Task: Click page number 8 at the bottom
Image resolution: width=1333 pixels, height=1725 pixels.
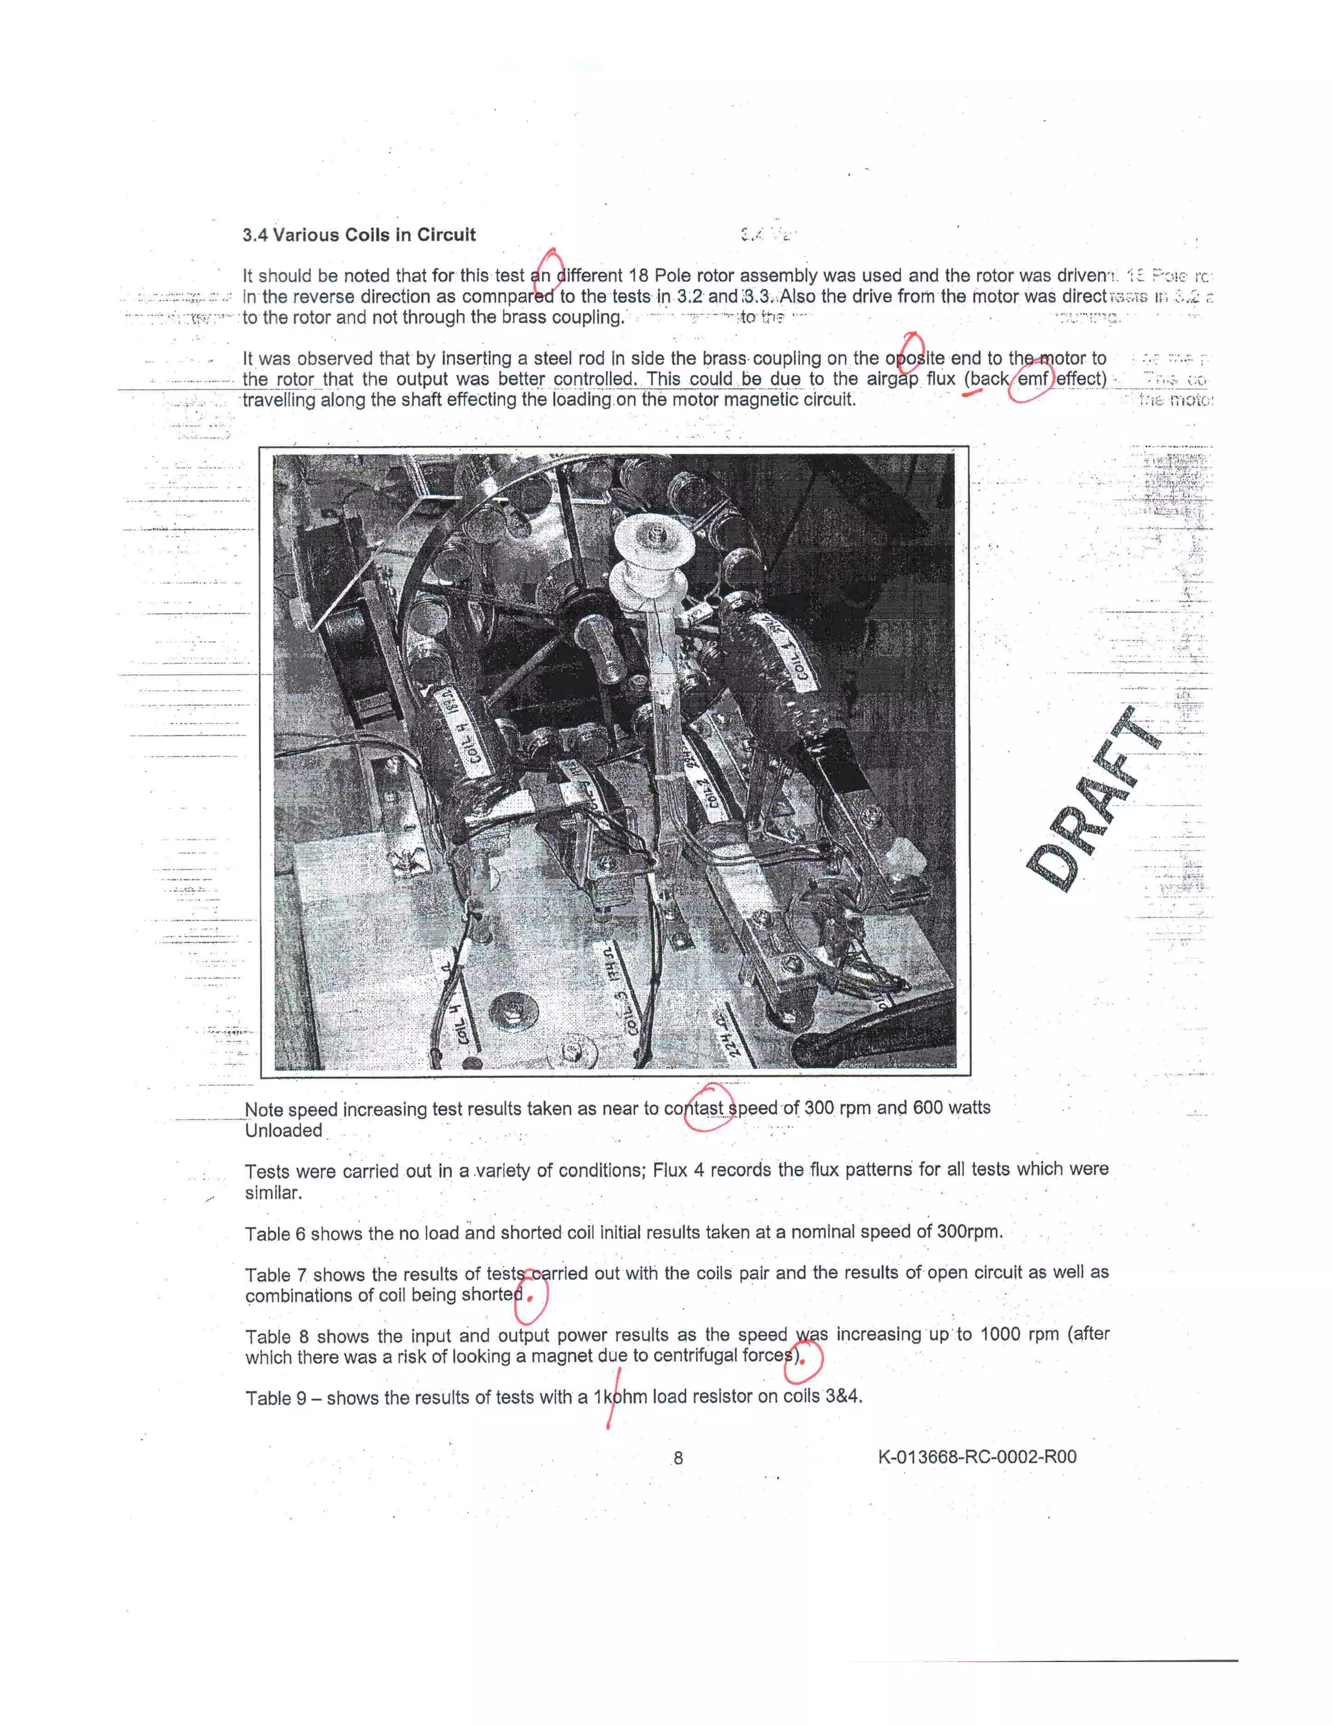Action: pos(678,1458)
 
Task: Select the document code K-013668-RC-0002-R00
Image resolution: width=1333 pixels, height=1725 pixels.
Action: pos(977,1456)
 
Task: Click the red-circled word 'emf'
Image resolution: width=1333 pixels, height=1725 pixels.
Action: pos(1033,379)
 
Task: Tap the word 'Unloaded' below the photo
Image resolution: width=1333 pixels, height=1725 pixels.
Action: pos(282,1130)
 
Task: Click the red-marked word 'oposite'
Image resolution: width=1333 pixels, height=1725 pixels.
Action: pos(914,359)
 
